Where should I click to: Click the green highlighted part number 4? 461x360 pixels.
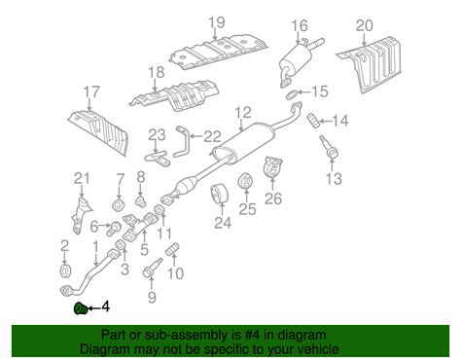click(x=81, y=308)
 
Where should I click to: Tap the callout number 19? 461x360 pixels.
click(x=216, y=22)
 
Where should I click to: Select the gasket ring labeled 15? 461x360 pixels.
click(x=292, y=94)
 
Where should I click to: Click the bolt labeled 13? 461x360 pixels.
click(x=329, y=148)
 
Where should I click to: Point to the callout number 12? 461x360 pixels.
click(x=243, y=113)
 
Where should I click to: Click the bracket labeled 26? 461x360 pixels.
click(x=272, y=167)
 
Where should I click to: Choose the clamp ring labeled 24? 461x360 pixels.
click(x=221, y=194)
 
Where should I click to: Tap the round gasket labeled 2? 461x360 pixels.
click(x=66, y=270)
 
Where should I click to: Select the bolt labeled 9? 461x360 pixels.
click(x=152, y=268)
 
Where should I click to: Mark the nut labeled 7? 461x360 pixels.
click(x=119, y=205)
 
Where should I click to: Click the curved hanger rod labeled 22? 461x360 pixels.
click(x=182, y=142)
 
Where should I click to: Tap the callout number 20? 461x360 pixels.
click(x=365, y=25)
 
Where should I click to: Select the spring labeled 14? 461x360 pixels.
click(x=314, y=121)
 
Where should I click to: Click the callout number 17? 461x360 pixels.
click(x=91, y=92)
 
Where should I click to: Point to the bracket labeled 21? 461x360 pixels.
click(x=80, y=215)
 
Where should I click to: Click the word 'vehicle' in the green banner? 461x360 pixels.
click(x=316, y=349)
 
